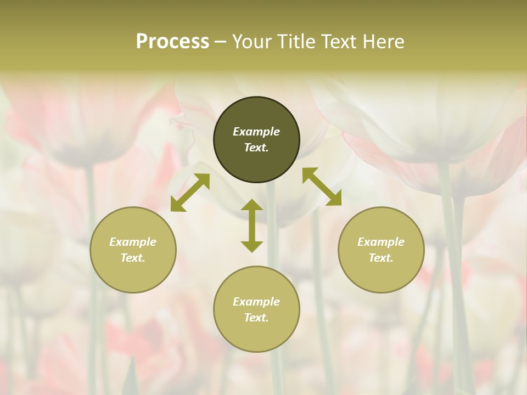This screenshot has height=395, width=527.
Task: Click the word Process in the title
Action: tap(172, 42)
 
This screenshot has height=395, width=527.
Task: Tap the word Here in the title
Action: tap(383, 42)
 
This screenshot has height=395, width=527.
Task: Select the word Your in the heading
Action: tap(251, 42)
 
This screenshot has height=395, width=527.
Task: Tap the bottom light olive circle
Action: tap(256, 335)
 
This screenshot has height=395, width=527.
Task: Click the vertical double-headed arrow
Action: tap(252, 225)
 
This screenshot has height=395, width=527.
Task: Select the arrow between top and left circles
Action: tap(190, 193)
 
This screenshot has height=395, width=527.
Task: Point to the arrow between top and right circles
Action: tap(322, 187)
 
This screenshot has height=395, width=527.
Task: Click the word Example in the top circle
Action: tap(256, 132)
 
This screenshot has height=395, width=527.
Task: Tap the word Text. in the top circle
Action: tap(256, 148)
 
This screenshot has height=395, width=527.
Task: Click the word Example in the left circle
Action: tap(133, 242)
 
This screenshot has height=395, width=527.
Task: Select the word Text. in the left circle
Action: tap(133, 258)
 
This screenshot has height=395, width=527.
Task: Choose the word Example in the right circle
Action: tap(381, 242)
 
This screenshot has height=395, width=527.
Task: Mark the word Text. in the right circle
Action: tap(381, 258)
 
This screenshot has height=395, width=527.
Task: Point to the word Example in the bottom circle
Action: tap(256, 302)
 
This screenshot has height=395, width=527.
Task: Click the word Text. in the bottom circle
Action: tap(256, 318)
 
